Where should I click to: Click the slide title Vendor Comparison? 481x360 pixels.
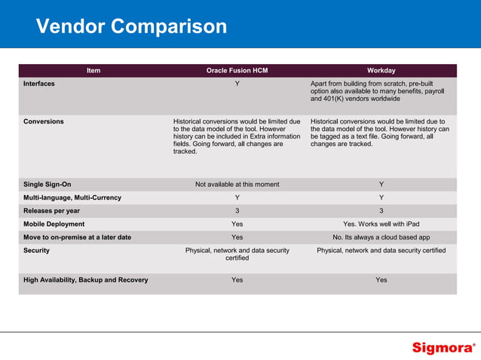[131, 27]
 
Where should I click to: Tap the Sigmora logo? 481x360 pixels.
[443, 348]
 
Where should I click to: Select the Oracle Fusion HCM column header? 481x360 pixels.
[237, 71]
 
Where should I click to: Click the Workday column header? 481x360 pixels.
[381, 71]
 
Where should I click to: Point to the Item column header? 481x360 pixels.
[93, 71]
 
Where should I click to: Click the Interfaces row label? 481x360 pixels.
[39, 84]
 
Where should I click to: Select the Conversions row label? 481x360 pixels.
[44, 121]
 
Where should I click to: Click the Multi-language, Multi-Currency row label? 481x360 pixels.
[72, 197]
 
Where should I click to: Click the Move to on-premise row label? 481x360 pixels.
[78, 237]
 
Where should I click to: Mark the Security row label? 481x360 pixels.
[37, 250]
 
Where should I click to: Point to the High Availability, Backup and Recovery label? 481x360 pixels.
[86, 280]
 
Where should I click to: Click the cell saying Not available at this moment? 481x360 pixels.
[237, 185]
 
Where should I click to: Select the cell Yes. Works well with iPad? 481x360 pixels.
[381, 224]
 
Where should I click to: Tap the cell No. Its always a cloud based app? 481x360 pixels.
[381, 237]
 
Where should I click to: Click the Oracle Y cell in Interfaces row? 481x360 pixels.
[237, 84]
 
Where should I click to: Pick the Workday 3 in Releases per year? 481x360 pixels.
[381, 211]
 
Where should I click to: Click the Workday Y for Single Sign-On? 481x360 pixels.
[381, 185]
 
